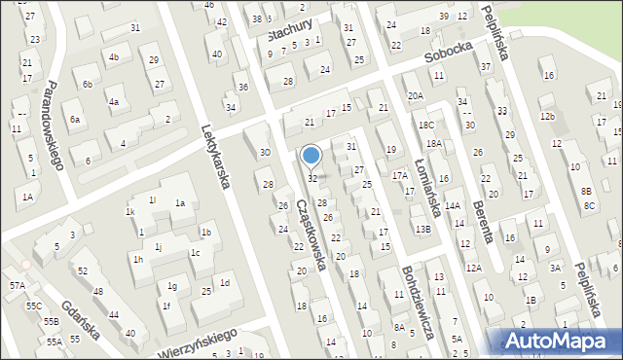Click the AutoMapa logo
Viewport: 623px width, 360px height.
(560, 340)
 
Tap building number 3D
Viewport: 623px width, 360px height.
(265, 152)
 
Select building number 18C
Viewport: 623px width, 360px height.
(425, 126)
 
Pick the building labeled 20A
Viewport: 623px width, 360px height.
(416, 96)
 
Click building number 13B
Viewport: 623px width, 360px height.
(422, 229)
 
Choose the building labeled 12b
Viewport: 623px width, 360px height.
(548, 117)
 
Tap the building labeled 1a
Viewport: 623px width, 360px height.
(179, 202)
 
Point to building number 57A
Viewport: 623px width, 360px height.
(18, 285)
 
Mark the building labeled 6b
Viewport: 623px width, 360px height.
(87, 85)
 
